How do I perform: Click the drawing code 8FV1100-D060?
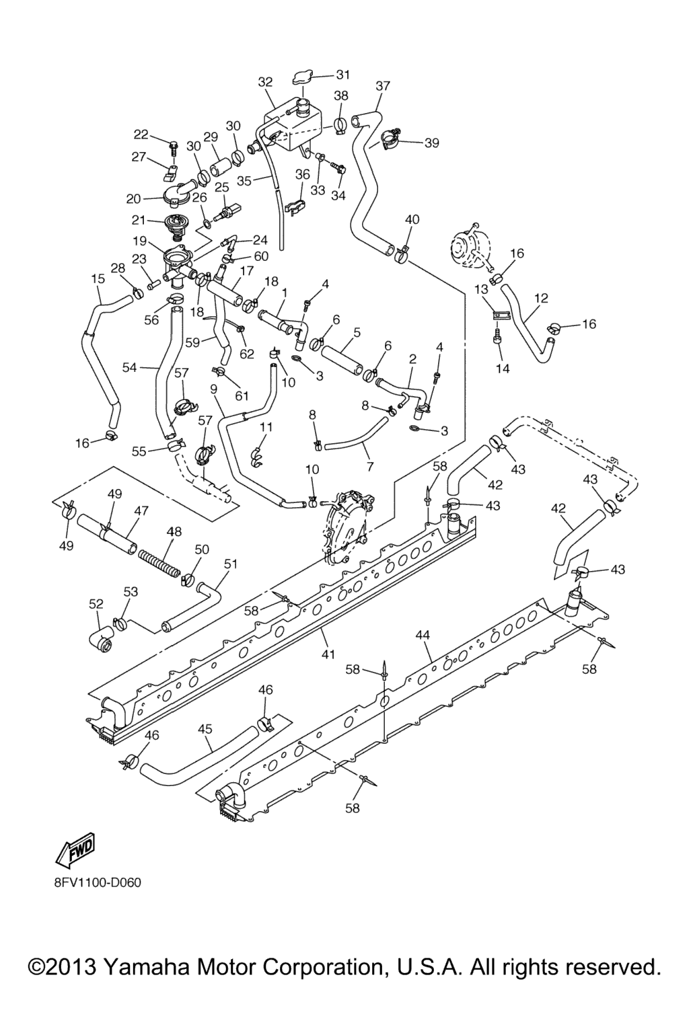click(98, 882)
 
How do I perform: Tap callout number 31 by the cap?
click(343, 75)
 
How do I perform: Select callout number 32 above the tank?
click(266, 82)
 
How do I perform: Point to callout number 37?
click(383, 86)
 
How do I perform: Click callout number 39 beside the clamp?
click(431, 143)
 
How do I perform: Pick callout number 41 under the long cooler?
click(328, 652)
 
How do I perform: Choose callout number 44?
click(423, 634)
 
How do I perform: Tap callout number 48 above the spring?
click(174, 531)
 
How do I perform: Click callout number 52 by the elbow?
click(96, 604)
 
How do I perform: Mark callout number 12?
click(541, 298)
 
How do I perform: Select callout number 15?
click(98, 278)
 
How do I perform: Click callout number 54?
click(130, 367)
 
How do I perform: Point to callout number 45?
click(205, 728)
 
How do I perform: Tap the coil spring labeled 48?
click(159, 563)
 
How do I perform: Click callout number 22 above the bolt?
click(141, 133)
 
